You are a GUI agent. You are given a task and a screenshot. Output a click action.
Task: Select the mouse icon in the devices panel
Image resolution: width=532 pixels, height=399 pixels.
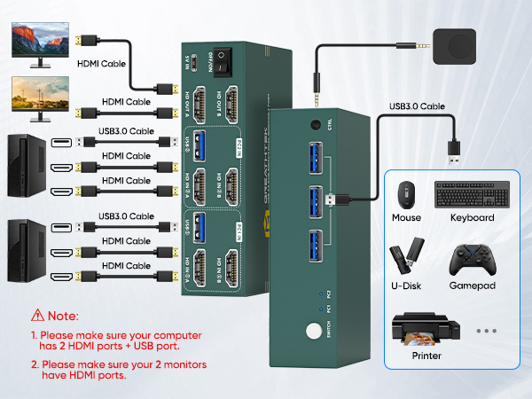(406, 194)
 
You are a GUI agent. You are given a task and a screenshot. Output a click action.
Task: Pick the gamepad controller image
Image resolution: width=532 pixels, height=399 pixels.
(472, 260)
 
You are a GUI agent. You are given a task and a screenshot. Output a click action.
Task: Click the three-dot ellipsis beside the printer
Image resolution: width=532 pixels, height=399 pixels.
(487, 331)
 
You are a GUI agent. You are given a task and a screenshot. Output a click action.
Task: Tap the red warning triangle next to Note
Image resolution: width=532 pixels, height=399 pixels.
(37, 315)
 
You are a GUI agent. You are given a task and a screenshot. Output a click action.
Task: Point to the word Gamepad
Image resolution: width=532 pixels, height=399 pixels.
(473, 286)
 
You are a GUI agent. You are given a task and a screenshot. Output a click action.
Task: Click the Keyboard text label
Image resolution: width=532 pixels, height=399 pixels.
(472, 217)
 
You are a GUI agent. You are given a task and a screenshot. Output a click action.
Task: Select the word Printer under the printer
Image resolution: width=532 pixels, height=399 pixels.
(426, 356)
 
